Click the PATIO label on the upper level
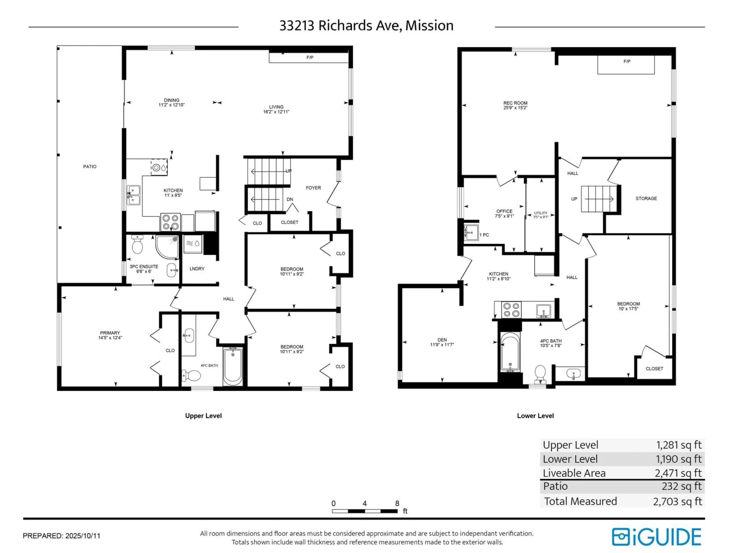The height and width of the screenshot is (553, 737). pyautogui.click(x=90, y=166)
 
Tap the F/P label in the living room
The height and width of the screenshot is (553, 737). pyautogui.click(x=310, y=57)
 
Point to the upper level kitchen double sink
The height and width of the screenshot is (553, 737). pyautogui.click(x=134, y=195)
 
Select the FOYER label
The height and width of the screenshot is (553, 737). pyautogui.click(x=313, y=188)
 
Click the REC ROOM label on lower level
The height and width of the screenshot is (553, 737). pyautogui.click(x=515, y=103)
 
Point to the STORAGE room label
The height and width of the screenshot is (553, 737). pyautogui.click(x=646, y=198)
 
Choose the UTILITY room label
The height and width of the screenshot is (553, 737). pyautogui.click(x=540, y=213)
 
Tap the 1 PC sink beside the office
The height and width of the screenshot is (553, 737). pyautogui.click(x=471, y=232)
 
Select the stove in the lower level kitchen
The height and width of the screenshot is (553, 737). pyautogui.click(x=511, y=310)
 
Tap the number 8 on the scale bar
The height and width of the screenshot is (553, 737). pyautogui.click(x=397, y=503)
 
